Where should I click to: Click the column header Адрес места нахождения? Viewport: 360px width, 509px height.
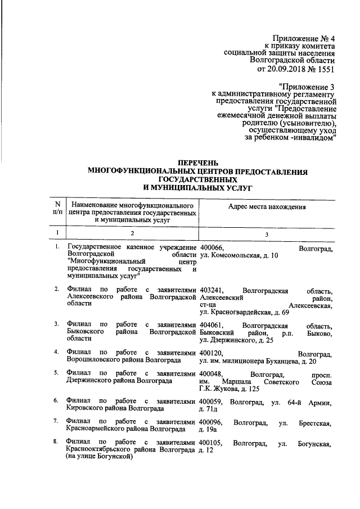click(267, 207)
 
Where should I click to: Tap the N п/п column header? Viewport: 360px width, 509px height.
click(57, 207)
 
